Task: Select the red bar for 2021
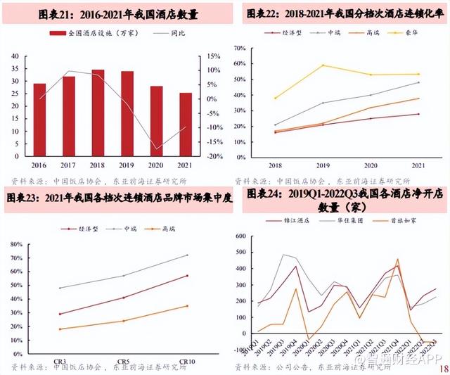[185, 124]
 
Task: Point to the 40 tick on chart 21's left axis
[15, 56]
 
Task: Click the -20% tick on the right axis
[214, 156]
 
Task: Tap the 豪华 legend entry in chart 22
[409, 33]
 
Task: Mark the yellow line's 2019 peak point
[323, 65]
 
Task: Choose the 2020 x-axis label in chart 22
[371, 166]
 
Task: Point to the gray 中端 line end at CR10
[188, 255]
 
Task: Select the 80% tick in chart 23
[18, 243]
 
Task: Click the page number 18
[442, 367]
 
